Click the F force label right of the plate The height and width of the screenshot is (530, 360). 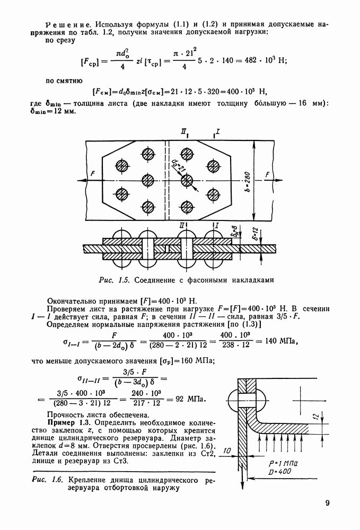tap(268, 174)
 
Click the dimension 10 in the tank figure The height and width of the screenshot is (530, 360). tap(226, 450)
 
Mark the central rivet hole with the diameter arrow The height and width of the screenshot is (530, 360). tap(187, 180)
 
